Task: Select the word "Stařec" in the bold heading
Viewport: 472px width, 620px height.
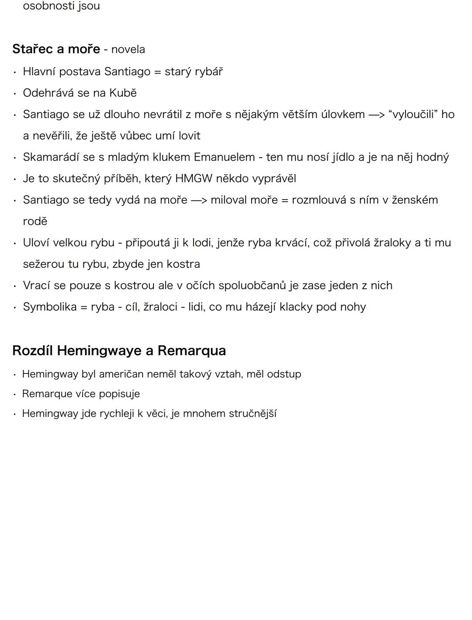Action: click(x=32, y=49)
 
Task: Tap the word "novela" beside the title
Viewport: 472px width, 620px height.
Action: click(x=128, y=49)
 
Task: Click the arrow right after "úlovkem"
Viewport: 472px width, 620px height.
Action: click(x=376, y=115)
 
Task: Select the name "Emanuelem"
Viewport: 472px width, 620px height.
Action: click(x=224, y=157)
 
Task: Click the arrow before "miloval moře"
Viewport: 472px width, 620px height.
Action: click(x=198, y=200)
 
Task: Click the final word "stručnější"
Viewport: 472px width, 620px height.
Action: click(x=253, y=414)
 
